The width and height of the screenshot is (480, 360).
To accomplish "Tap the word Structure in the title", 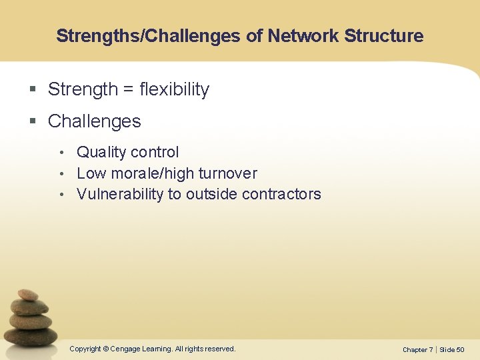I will [384, 36].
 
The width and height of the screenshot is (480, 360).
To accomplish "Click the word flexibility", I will [175, 89].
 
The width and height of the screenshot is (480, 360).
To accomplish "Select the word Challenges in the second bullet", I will [95, 121].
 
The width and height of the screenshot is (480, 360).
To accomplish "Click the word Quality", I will [101, 153].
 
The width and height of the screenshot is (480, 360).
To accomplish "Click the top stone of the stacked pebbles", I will [27, 294].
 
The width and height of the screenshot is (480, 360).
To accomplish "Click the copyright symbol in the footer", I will [105, 349].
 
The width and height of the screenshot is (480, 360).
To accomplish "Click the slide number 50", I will [461, 350].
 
